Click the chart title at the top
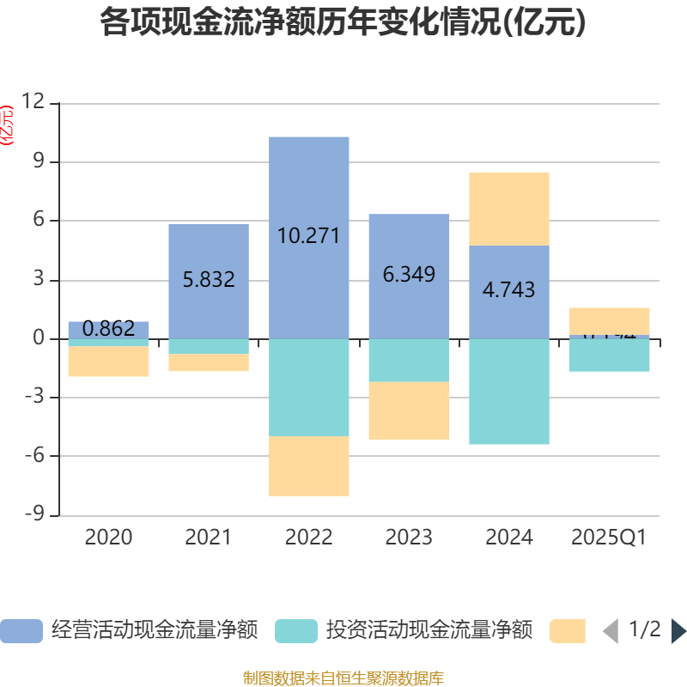coord(343,22)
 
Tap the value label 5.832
coord(209,279)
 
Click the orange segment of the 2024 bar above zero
coord(509,209)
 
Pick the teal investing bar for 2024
coord(509,392)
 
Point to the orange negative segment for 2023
coord(409,410)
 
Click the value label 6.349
coord(409,275)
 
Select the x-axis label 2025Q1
coord(609,538)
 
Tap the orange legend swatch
coord(567,631)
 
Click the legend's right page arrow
coord(678,631)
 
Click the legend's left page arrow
coord(611,631)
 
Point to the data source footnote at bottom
coord(343,678)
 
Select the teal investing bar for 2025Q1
coord(610,356)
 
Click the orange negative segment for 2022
coord(309,466)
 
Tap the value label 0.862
coord(109,328)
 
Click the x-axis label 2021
coord(209,538)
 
